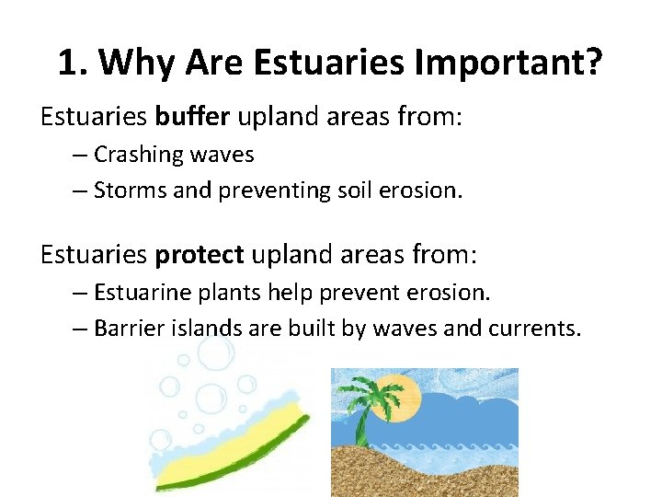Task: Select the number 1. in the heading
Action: (73, 63)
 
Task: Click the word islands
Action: (208, 329)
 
